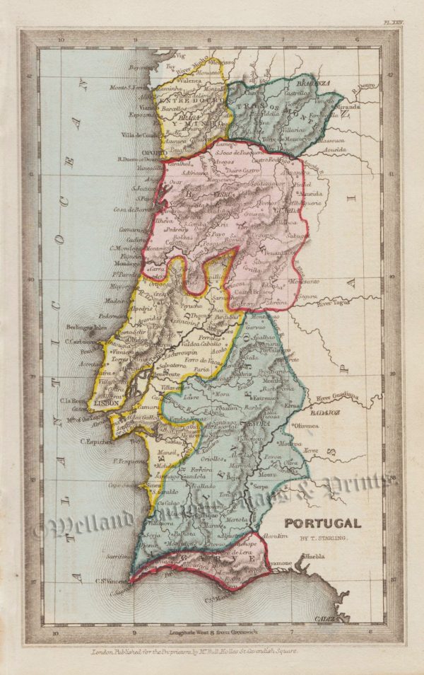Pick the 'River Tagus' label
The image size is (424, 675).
[335, 305]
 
